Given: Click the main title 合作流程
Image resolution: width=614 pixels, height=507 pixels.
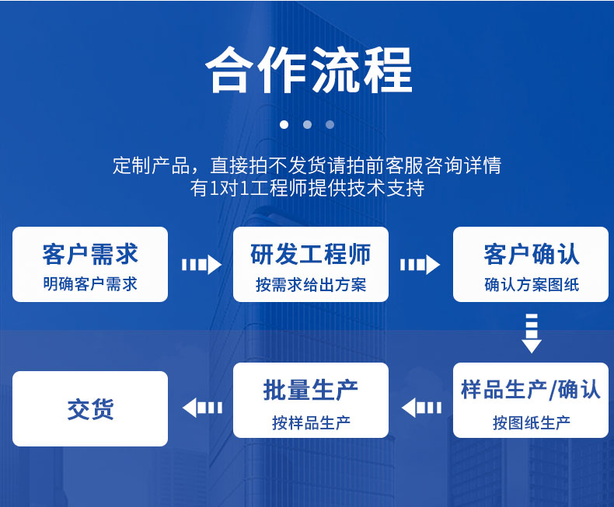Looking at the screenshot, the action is [309, 71].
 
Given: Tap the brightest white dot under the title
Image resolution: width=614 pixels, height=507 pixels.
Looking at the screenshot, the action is [284, 125].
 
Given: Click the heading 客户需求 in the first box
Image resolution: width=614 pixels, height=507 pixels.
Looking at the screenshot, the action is [90, 255].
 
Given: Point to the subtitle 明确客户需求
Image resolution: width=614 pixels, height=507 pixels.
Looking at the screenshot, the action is [90, 284].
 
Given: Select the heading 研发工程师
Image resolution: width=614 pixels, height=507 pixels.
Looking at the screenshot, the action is [311, 255].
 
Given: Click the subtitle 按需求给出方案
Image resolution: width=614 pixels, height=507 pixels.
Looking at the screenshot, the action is [311, 284].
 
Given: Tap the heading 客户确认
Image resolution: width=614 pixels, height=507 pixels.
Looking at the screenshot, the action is [532, 255].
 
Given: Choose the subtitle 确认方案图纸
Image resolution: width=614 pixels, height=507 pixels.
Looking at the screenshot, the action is [532, 284].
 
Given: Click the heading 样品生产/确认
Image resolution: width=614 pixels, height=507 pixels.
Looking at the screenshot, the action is [531, 390].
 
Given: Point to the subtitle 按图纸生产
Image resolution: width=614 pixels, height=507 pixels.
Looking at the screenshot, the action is [532, 422].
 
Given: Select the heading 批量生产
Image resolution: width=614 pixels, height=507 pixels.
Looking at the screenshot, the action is [311, 390].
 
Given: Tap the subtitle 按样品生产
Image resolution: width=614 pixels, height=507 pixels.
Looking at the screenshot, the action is [311, 422].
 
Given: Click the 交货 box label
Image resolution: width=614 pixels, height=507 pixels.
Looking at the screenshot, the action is [90, 409].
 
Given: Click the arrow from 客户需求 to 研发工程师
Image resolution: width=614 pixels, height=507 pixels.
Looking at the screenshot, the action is [201, 265].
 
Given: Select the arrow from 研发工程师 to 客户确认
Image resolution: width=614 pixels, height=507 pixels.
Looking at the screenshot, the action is [420, 265].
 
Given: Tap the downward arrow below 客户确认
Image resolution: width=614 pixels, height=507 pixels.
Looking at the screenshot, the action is [532, 333].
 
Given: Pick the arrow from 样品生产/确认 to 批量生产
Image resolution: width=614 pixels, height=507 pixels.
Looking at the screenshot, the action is [421, 408].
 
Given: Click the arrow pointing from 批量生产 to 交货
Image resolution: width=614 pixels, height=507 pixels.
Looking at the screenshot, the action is [202, 408].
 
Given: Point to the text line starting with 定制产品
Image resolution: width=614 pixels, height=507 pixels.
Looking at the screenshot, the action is [307, 165].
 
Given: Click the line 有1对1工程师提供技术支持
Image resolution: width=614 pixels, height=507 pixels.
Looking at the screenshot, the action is [308, 188].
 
